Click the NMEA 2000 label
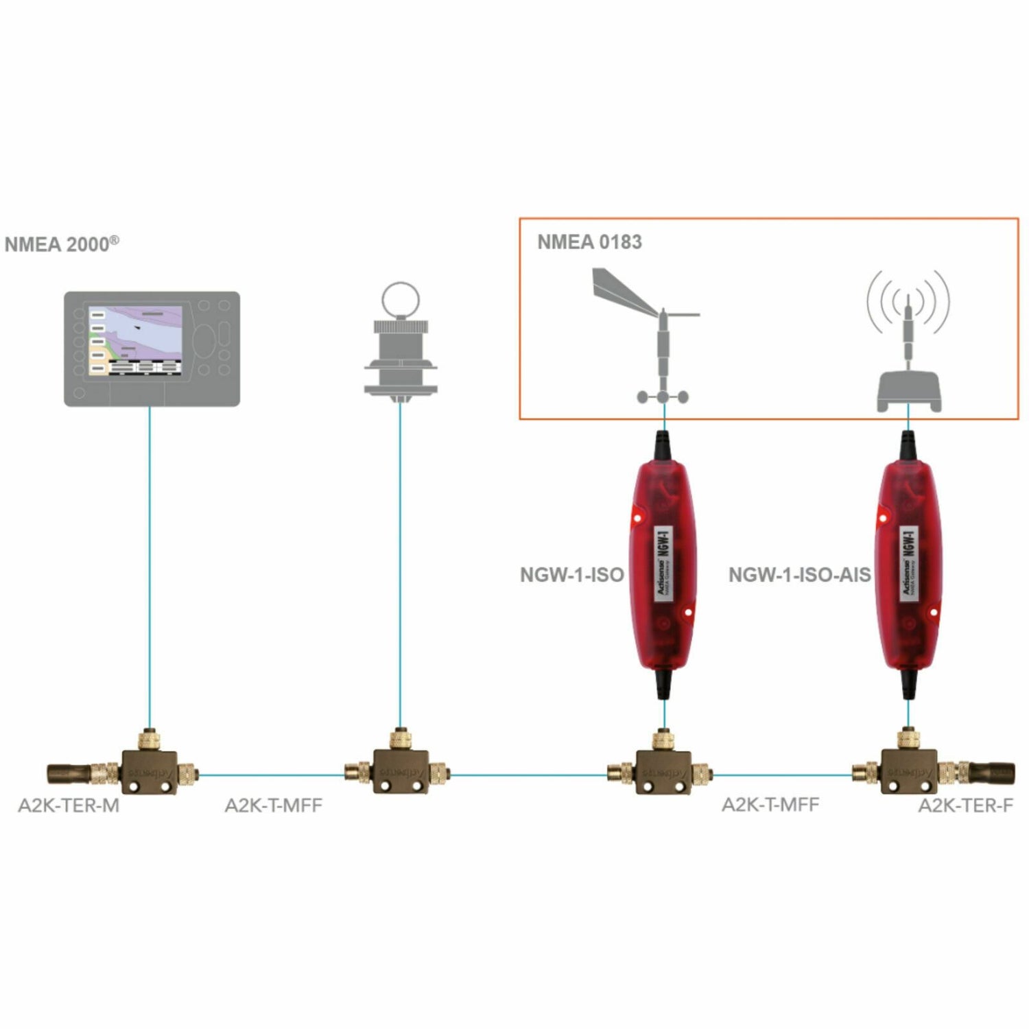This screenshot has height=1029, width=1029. (x=61, y=244)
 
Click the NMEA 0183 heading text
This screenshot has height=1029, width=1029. (x=589, y=242)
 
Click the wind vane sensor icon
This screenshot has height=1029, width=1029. (x=652, y=336)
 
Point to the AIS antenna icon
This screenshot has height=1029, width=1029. (x=908, y=343)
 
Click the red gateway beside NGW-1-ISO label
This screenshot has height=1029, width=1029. (x=662, y=566)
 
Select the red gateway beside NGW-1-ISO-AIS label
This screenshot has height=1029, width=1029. (x=909, y=566)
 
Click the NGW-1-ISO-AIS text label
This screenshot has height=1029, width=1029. (x=799, y=575)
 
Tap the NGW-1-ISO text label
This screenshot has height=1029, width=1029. (x=571, y=575)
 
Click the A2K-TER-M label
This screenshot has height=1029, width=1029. (x=69, y=805)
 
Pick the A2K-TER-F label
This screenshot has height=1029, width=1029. (x=965, y=805)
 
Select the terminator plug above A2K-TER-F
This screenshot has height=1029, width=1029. (x=988, y=773)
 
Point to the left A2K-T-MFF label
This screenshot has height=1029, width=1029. (x=273, y=805)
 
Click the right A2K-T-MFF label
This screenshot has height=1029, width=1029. (x=770, y=805)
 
